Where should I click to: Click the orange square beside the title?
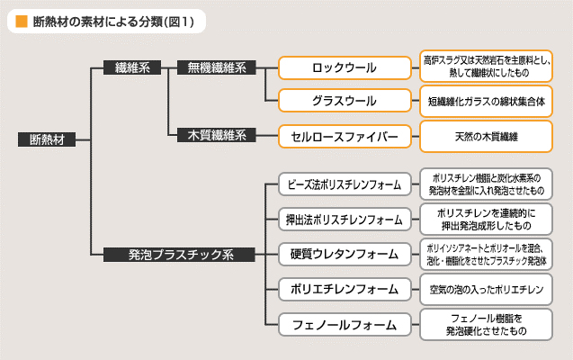[22, 22]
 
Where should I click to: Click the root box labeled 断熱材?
[47, 139]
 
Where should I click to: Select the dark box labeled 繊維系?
[132, 67]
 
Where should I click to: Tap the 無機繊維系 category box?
[216, 67]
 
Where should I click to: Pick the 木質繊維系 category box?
[216, 135]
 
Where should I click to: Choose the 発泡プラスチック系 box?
[179, 255]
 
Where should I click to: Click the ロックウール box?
[345, 68]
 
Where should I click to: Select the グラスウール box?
[345, 101]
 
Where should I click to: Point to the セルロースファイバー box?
[345, 136]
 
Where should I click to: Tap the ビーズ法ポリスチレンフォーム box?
[345, 184]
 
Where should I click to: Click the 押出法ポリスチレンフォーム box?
[345, 220]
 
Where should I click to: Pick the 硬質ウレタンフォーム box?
[345, 255]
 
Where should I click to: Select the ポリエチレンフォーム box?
[345, 290]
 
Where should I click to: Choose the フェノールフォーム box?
[345, 325]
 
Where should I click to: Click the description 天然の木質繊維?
[486, 137]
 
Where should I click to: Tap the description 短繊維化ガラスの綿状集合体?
[486, 101]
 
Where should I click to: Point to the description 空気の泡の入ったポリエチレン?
[486, 290]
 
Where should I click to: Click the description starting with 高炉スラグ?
[486, 67]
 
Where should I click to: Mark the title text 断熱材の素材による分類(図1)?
[113, 22]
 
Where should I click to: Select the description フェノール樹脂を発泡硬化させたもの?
[486, 325]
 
